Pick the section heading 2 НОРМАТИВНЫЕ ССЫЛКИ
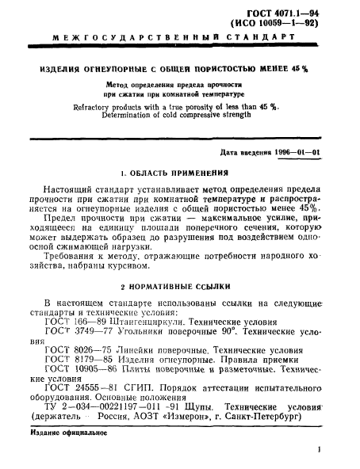(x=180, y=284)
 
